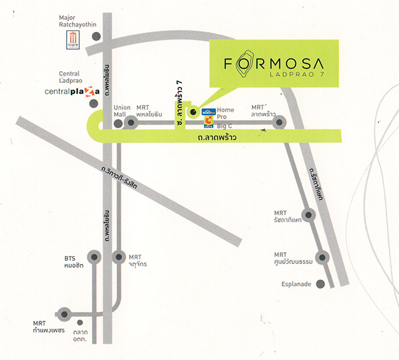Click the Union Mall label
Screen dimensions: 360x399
pos(122,111)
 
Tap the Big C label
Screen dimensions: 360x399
pos(224,125)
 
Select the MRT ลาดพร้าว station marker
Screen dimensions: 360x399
pos(280,123)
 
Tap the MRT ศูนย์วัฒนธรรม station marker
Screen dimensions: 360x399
pos(322,257)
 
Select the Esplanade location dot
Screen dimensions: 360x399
pos(320,284)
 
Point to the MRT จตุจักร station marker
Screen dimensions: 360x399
pos(119,256)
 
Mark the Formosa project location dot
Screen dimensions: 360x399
pos(193,113)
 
